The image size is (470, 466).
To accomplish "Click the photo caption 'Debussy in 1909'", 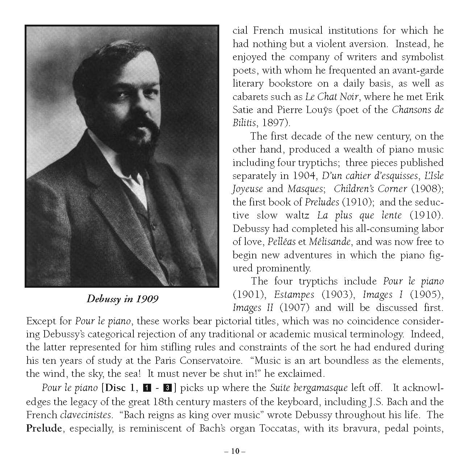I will click(x=122, y=299).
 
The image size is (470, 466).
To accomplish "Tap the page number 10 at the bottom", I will click(x=235, y=451).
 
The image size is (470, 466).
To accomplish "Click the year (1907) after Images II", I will click(x=294, y=308).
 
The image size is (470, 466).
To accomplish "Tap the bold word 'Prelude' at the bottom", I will click(x=44, y=428).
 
